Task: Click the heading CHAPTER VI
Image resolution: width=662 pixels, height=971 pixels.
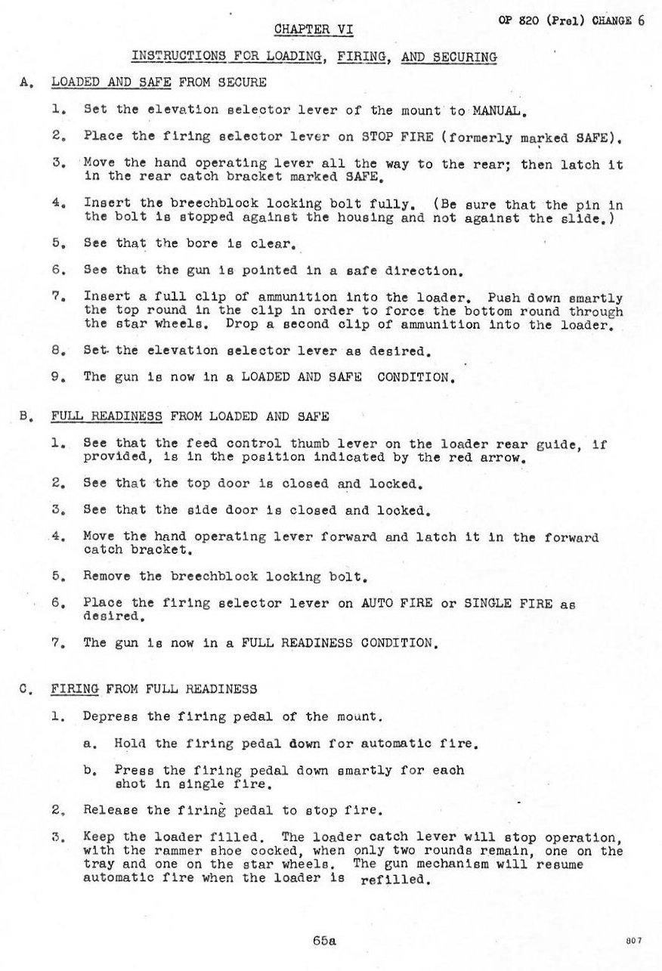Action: tap(312, 29)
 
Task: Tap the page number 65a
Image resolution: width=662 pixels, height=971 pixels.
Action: tap(323, 941)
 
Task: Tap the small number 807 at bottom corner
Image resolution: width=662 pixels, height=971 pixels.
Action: tap(634, 939)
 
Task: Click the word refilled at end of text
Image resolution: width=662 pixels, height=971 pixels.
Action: tap(396, 879)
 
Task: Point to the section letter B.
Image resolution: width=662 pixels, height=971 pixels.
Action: tap(26, 416)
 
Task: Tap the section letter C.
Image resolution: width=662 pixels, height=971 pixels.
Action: tap(26, 689)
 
